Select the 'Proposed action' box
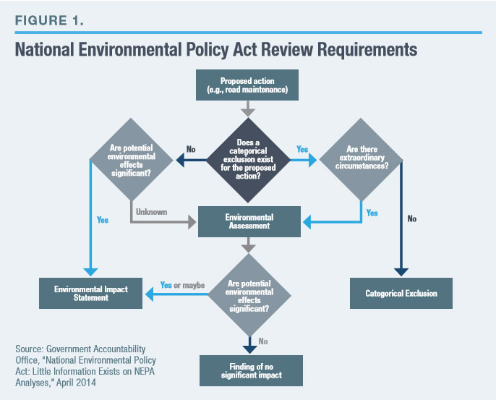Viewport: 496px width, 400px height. click(247, 85)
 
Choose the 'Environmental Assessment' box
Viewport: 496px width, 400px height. click(247, 221)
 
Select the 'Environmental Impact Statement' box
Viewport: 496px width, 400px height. click(91, 294)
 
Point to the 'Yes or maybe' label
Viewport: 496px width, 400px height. click(183, 285)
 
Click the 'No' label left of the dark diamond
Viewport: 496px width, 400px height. click(191, 149)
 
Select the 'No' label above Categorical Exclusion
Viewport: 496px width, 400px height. click(411, 218)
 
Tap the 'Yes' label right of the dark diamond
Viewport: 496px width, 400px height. click(302, 149)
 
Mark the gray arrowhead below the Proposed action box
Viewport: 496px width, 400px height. click(247, 113)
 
